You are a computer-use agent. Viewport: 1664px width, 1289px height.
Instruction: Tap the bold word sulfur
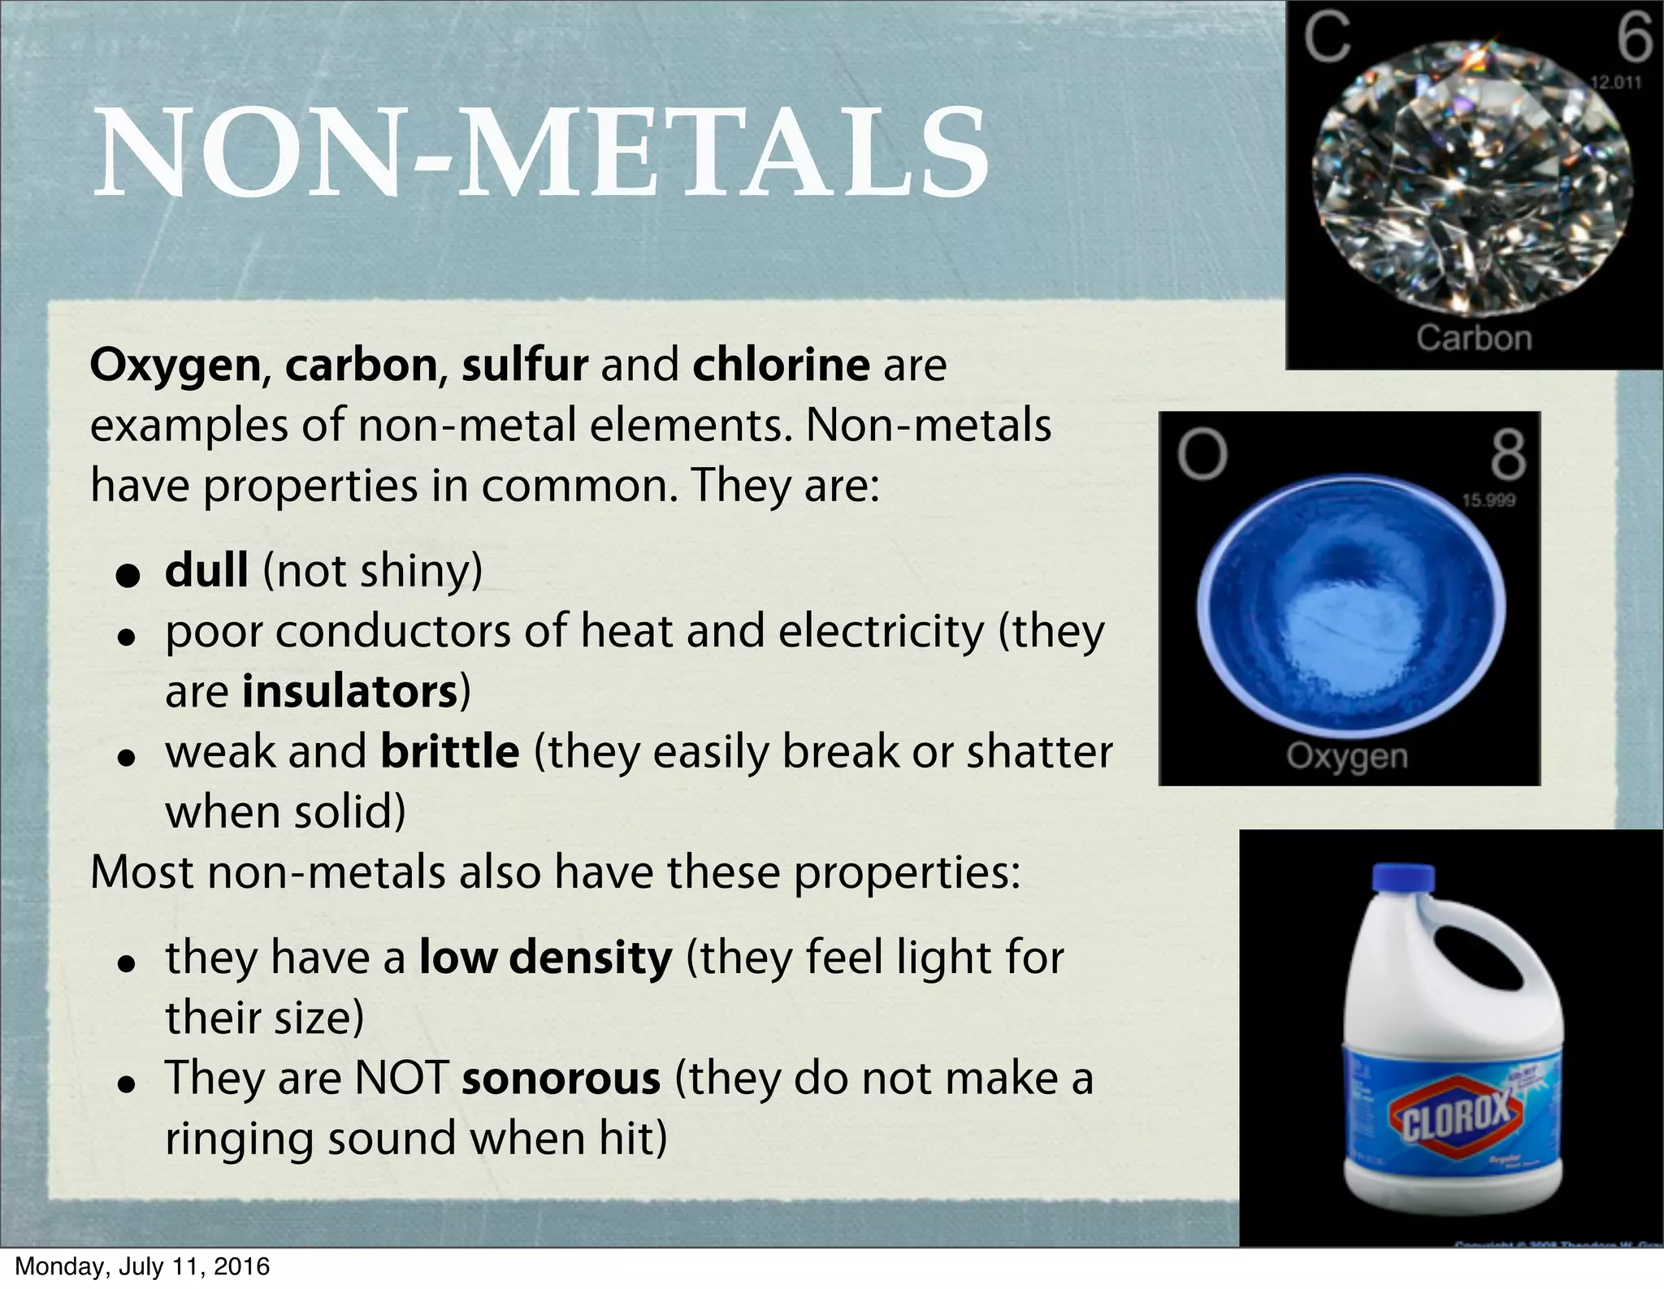pos(524,365)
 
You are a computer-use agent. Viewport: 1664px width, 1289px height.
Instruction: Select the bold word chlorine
pos(781,365)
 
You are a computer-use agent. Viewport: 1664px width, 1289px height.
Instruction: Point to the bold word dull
pos(206,570)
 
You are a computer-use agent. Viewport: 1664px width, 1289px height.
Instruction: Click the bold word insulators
pos(351,691)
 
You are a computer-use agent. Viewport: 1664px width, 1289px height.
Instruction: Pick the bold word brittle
pos(449,751)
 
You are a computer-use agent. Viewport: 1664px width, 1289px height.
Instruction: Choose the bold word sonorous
pos(561,1078)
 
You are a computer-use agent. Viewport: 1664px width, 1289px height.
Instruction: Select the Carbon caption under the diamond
pos(1474,338)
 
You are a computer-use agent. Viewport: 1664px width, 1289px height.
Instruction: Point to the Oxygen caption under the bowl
pos(1347,756)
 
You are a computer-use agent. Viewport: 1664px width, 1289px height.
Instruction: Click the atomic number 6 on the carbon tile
pos(1633,39)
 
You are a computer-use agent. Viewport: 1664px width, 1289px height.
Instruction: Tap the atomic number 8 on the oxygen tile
pos(1508,456)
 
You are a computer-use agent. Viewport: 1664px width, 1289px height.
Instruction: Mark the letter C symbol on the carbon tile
pos(1327,38)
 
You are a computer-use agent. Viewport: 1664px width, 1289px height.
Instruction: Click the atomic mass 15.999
pos(1488,500)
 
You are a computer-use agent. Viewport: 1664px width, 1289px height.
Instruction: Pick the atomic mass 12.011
pos(1615,83)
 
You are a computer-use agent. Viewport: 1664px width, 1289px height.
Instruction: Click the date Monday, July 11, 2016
pos(142,1267)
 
